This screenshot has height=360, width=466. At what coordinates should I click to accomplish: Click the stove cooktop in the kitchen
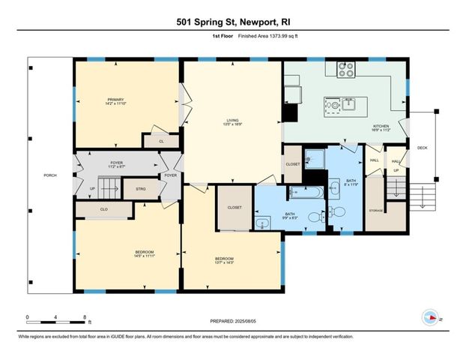coord(347,69)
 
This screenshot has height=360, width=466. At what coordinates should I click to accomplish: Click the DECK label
coord(423,148)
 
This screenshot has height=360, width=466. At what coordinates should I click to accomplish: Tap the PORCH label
coord(50,175)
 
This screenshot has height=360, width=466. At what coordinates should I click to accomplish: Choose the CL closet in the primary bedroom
coord(161,140)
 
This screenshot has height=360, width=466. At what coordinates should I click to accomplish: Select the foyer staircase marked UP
coord(106,185)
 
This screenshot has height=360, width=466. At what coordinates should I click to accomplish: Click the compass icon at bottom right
coord(431,316)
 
